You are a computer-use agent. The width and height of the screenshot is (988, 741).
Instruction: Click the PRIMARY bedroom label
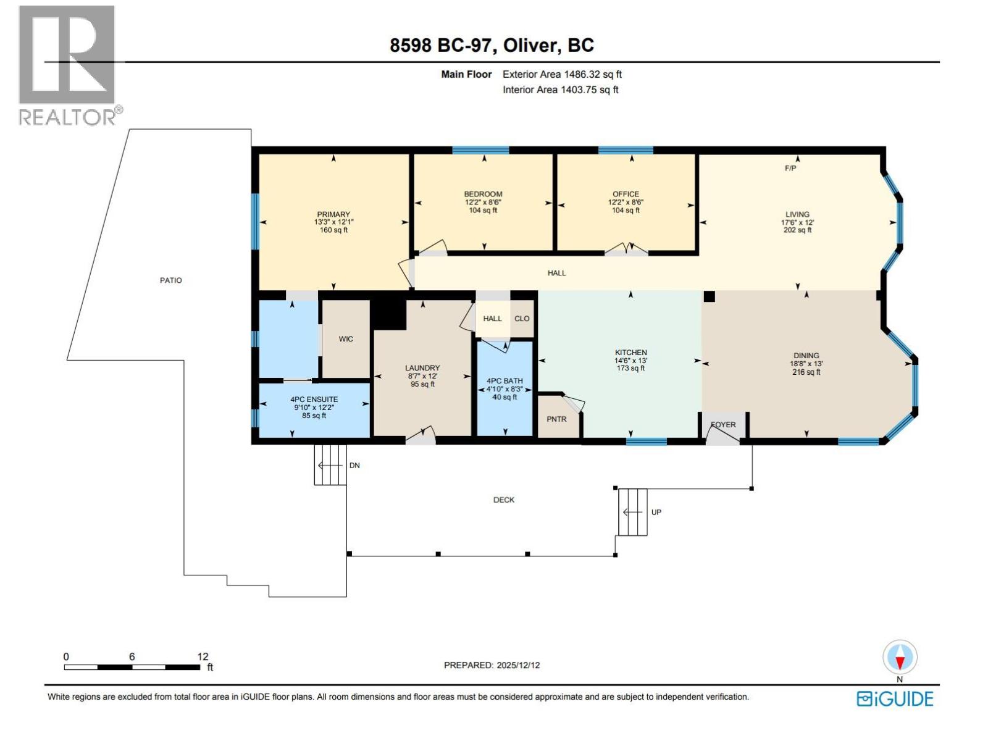point(333,214)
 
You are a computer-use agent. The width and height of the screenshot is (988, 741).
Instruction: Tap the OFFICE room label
point(626,194)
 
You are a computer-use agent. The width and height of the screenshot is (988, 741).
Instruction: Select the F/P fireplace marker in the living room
point(790,168)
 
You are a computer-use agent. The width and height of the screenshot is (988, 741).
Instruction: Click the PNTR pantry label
point(556,419)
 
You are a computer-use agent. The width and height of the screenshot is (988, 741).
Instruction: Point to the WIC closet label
point(346,339)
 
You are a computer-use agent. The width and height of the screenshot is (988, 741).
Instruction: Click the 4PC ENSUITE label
point(314,400)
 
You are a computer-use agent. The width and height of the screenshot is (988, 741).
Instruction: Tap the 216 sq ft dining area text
point(806,372)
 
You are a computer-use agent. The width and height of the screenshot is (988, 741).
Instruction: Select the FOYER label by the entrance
point(723,425)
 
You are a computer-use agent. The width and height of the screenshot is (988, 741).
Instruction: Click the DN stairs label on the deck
point(354,466)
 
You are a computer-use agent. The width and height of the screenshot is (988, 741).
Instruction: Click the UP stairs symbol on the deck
point(633,512)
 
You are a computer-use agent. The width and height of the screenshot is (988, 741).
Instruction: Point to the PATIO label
point(171,280)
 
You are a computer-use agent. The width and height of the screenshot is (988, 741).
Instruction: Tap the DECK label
point(503,500)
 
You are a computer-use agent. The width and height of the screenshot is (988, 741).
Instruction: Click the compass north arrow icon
point(900,658)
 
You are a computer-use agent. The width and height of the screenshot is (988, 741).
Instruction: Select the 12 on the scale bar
point(203,656)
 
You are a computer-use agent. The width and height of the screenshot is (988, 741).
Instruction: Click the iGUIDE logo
point(895,699)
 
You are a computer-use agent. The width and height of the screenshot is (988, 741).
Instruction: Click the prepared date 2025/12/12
point(517,665)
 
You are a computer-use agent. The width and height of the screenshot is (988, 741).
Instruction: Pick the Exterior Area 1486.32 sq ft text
point(562,74)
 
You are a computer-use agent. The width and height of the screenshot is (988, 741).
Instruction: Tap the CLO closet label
point(522,319)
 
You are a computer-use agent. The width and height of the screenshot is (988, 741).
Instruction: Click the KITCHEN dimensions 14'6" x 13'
point(630,361)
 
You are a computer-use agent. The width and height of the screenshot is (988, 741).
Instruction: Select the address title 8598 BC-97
point(440,45)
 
